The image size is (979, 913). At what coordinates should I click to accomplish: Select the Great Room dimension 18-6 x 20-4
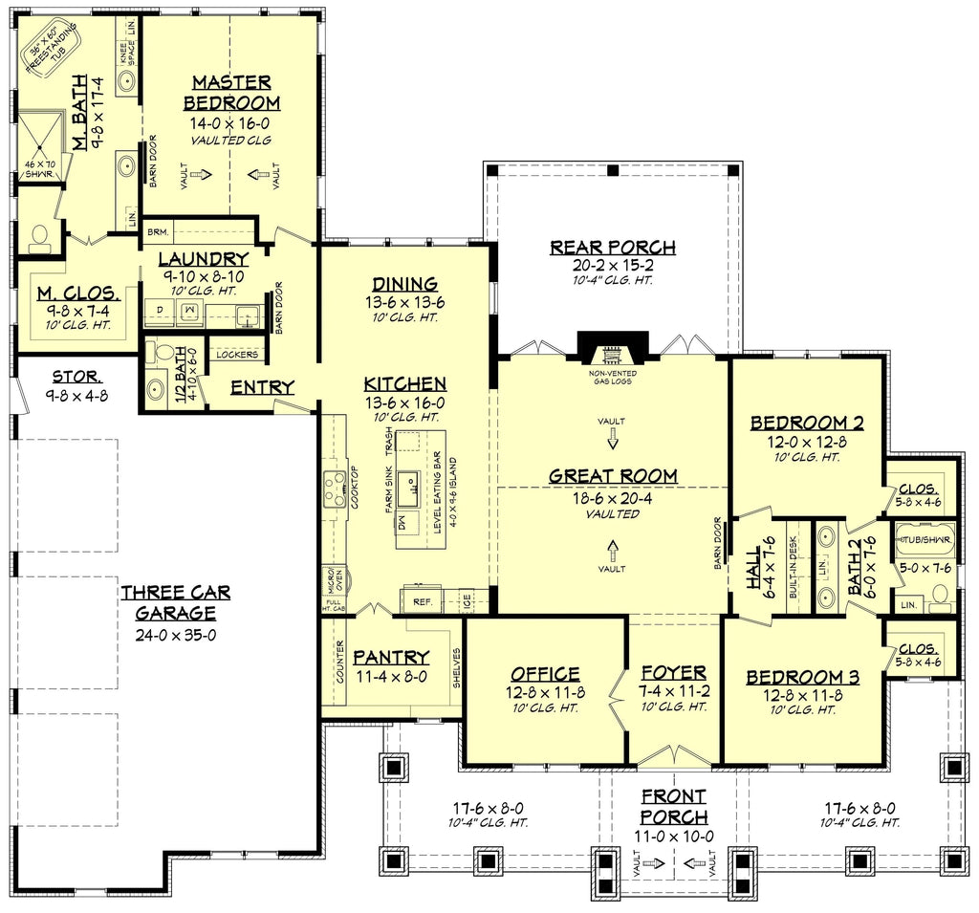point(613,496)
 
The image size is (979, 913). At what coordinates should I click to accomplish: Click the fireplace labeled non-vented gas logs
point(612,347)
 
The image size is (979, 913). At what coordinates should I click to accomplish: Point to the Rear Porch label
point(613,247)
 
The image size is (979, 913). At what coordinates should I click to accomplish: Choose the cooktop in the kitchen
point(334,490)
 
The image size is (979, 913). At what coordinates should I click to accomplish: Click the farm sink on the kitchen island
point(407,490)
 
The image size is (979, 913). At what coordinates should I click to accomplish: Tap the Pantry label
point(390,657)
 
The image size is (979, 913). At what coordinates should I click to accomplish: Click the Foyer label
point(674,672)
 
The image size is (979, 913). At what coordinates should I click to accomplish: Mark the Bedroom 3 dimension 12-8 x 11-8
point(803,695)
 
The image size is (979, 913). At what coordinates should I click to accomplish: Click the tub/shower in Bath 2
point(924,540)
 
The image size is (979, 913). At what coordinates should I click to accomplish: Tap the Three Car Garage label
point(175,603)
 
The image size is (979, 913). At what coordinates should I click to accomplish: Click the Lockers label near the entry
point(237,355)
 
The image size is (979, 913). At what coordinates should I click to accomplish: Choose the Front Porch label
point(674,806)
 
